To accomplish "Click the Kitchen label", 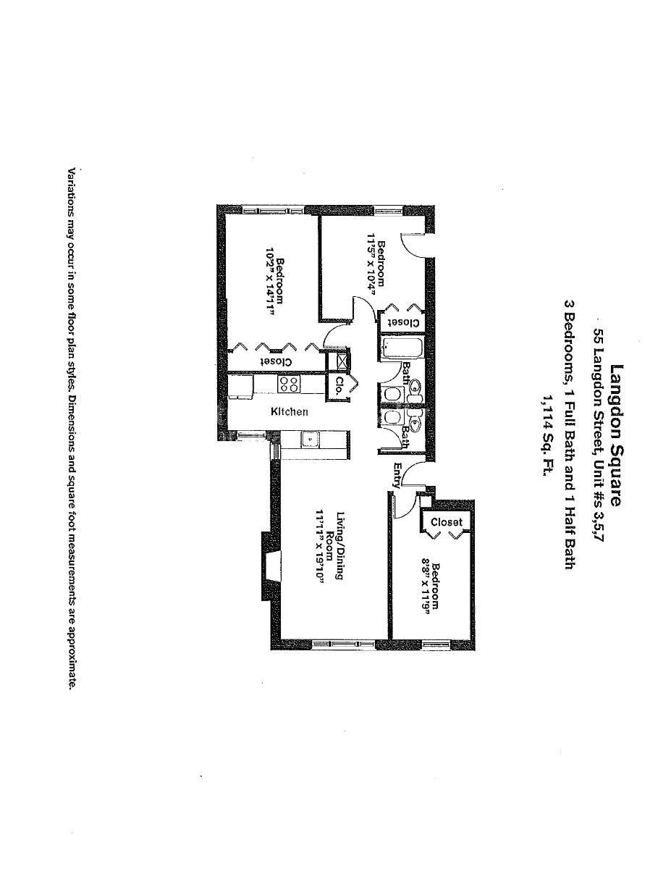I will point(290,412).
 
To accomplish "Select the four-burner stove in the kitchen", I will point(290,384).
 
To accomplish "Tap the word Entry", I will point(397,474).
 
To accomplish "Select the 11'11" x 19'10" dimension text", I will point(319,550).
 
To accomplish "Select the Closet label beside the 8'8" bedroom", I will point(446,521).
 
